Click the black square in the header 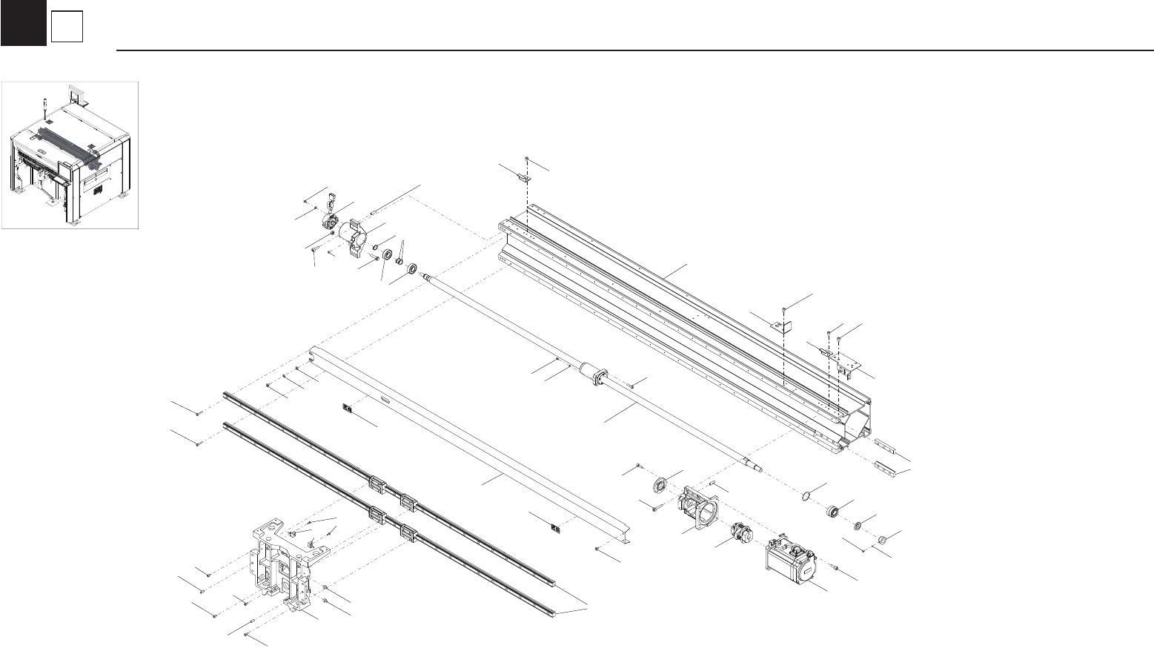coord(23,23)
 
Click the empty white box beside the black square coord(66,28)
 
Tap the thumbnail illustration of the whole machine coord(70,155)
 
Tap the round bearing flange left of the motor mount coord(660,486)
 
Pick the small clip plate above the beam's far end coord(523,179)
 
